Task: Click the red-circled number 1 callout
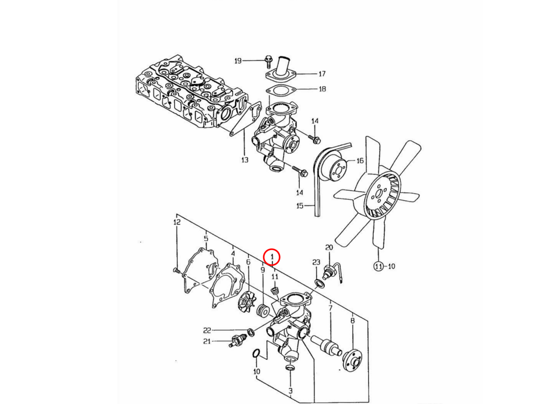[271, 257]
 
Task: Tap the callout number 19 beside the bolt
[238, 61]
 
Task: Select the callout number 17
[322, 74]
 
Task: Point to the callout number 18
[322, 89]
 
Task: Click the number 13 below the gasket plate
[245, 160]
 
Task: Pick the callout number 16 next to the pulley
[360, 161]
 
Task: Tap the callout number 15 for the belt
[300, 206]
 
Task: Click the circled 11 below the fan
[379, 266]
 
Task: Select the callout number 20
[329, 247]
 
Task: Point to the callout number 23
[316, 262]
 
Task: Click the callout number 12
[177, 222]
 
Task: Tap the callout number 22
[207, 331]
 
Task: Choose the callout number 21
[207, 341]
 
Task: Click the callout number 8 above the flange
[353, 321]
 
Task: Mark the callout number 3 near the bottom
[291, 391]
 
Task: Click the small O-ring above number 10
[256, 353]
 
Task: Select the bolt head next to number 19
[268, 59]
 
